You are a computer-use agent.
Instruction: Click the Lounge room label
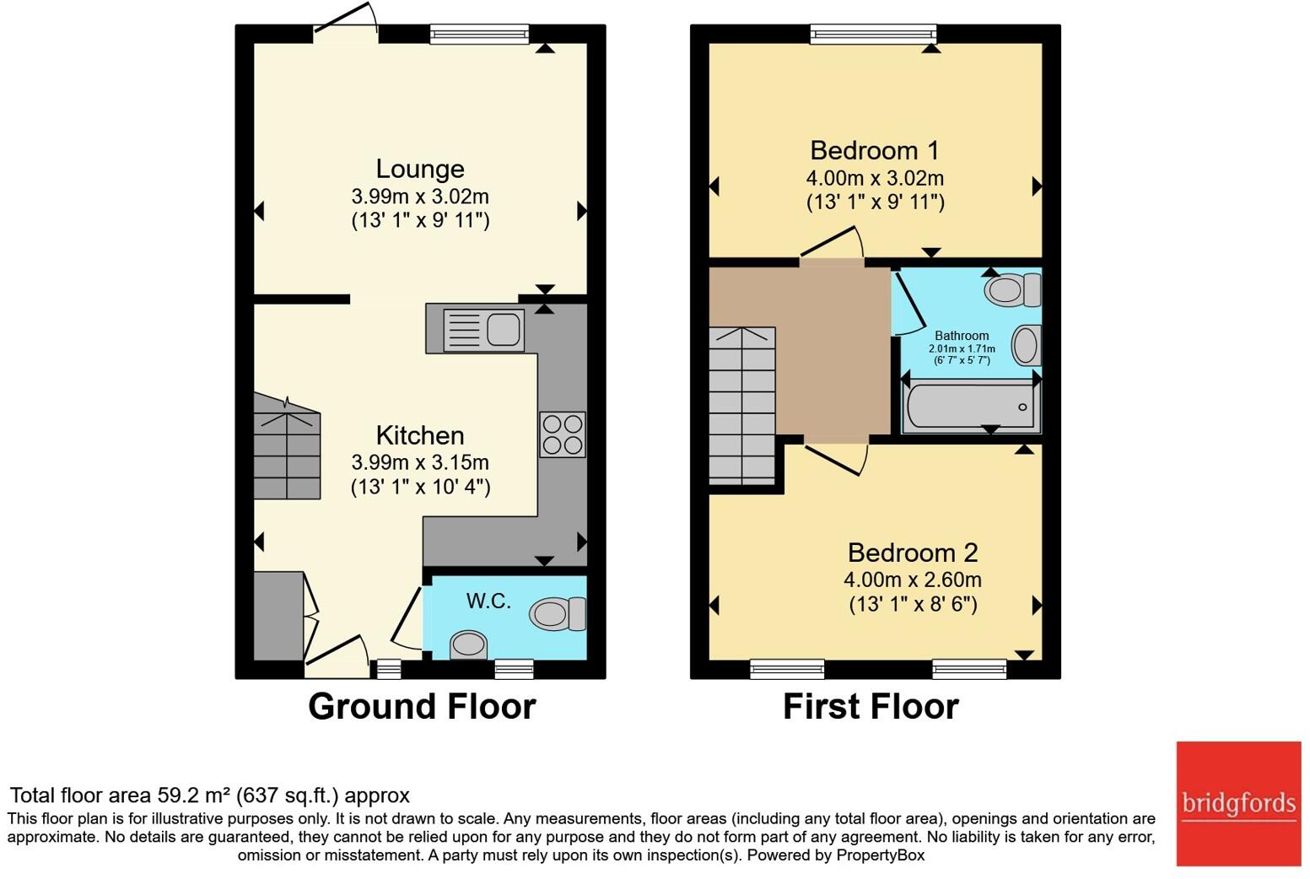pos(420,169)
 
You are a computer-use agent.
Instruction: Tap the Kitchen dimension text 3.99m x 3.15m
pos(420,462)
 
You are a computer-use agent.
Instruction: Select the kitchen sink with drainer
pos(483,331)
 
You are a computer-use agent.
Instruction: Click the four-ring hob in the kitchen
pos(563,434)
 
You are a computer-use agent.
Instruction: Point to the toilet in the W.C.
pos(558,614)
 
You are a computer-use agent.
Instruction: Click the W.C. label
pos(488,601)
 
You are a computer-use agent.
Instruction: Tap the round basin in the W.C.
pos(468,645)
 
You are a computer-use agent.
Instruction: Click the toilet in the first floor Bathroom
pos(1012,289)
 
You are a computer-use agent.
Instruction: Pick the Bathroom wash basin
pos(1027,345)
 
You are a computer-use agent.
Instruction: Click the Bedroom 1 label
pos(874,151)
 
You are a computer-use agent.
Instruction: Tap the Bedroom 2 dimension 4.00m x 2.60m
pos(913,580)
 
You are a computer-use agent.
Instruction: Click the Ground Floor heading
pos(422,706)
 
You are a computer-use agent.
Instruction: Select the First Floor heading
pos(871,706)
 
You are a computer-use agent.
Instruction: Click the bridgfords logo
pos(1238,804)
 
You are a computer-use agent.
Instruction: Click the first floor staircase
pos(742,406)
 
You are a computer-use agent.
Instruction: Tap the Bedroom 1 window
pos(873,35)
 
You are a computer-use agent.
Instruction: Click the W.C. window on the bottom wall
pos(514,669)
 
